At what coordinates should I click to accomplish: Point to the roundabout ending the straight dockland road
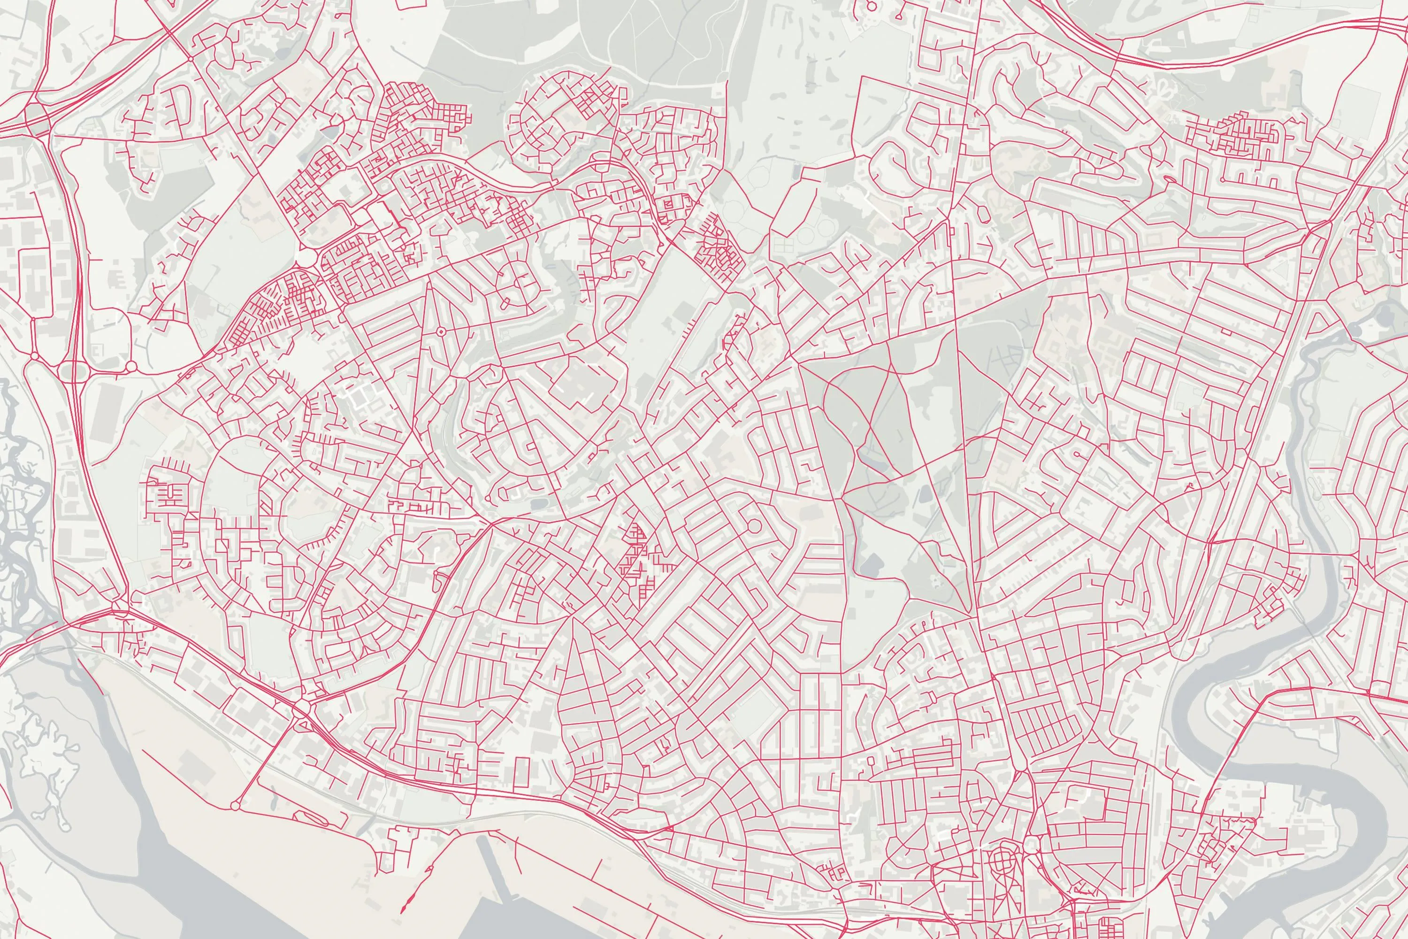tap(235, 806)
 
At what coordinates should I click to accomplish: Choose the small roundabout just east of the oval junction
tap(131, 366)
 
